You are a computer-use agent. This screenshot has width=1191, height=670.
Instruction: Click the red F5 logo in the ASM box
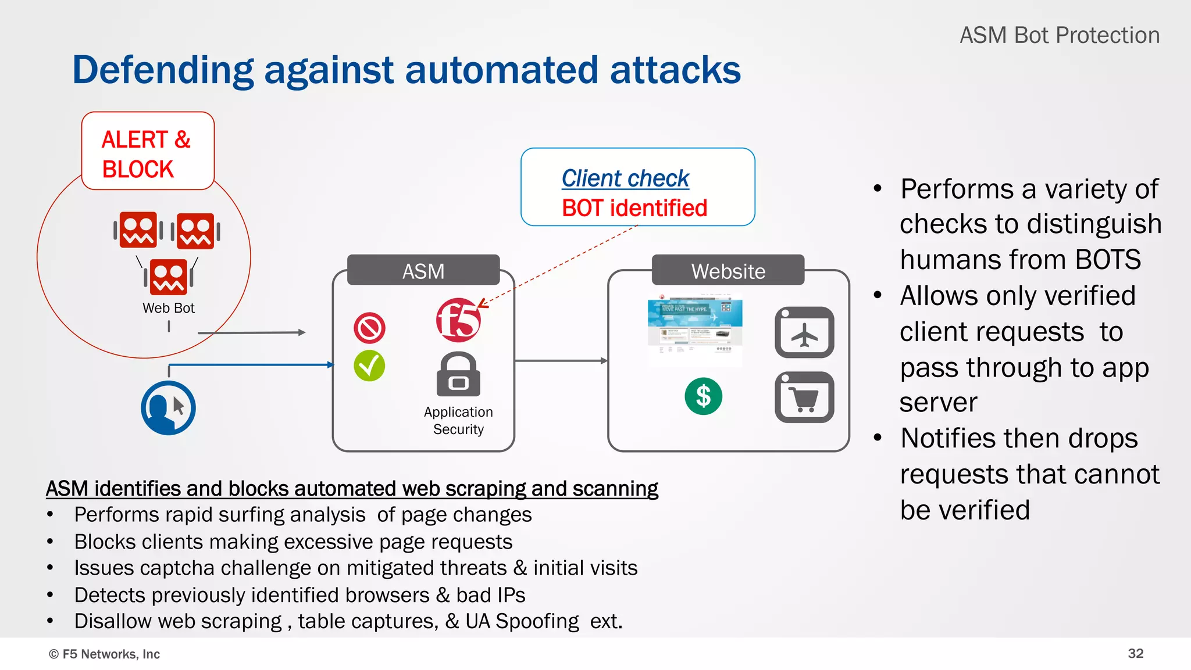click(458, 320)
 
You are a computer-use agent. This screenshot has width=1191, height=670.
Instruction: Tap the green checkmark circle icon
click(369, 366)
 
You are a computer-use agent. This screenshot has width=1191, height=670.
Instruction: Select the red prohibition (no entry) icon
click(369, 328)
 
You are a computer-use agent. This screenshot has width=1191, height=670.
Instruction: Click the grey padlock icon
click(458, 374)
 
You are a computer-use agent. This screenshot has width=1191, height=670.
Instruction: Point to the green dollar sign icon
click(703, 396)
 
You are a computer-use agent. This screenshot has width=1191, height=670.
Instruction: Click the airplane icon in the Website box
click(804, 332)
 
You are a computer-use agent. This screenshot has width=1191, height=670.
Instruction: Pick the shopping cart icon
click(804, 397)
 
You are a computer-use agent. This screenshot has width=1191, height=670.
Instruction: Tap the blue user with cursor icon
click(168, 408)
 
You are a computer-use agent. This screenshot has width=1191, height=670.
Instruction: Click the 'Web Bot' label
click(168, 308)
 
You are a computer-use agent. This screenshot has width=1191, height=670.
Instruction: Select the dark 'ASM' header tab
click(423, 271)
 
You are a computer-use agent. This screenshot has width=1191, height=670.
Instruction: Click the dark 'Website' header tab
click(728, 271)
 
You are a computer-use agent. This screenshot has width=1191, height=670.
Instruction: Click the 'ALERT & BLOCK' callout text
click(145, 154)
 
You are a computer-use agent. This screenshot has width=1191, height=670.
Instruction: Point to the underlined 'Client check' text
click(625, 178)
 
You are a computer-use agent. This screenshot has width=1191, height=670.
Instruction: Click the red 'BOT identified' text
click(634, 208)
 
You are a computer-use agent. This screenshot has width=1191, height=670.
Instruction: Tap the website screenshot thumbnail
click(695, 331)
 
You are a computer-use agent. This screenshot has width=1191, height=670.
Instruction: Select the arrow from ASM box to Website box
click(561, 361)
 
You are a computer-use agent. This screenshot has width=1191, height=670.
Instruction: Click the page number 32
click(1135, 653)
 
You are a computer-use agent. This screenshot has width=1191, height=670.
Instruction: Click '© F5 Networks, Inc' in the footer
click(104, 654)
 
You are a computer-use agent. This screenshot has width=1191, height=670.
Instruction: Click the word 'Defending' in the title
click(163, 70)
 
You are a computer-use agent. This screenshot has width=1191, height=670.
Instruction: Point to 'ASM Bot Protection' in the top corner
click(1059, 35)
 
